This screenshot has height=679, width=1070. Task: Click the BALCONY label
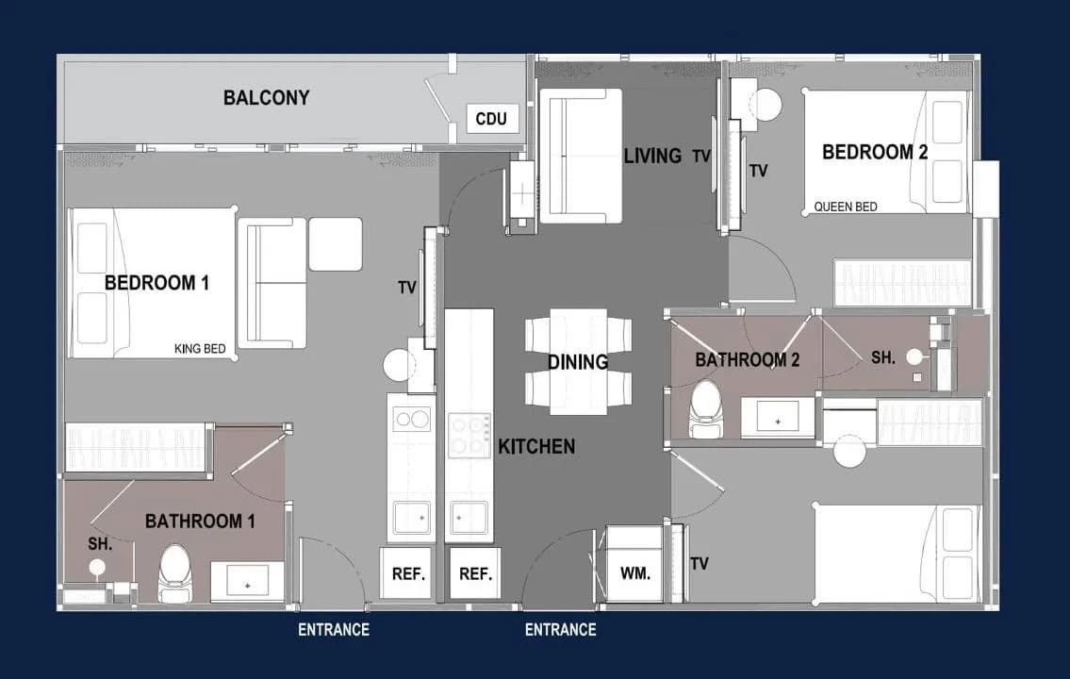point(266,97)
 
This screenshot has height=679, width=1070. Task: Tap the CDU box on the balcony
point(491,119)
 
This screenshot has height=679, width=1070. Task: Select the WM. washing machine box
point(634,564)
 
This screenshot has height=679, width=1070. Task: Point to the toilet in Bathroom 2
point(705,408)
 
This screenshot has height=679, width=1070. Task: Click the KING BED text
point(200,349)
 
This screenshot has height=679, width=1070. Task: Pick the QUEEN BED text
point(846,207)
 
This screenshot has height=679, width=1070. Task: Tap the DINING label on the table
point(578,362)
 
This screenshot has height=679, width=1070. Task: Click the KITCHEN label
point(536,446)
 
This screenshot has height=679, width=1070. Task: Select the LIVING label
point(652,156)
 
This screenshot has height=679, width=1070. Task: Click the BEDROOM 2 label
point(875,152)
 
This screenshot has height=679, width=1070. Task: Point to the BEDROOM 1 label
point(156,283)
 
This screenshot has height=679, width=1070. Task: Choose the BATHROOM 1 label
point(200,522)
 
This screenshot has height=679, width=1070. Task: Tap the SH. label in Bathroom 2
point(883,357)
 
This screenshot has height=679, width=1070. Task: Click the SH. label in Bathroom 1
point(100,544)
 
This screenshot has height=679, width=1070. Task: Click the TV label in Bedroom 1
point(407,288)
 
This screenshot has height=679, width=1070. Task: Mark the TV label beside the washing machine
point(700,564)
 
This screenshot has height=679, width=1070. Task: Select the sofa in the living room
point(580,156)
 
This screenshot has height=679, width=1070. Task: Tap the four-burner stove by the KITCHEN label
point(469,436)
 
